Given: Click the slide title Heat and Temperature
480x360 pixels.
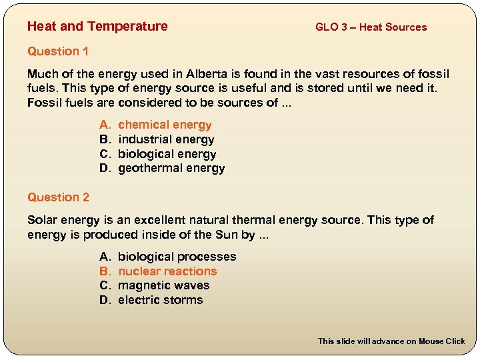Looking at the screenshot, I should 97,27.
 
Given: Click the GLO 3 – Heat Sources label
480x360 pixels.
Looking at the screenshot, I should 371,27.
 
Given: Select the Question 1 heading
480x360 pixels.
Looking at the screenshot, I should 58,51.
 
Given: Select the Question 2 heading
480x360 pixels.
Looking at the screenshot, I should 58,197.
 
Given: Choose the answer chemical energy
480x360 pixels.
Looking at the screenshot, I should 165,125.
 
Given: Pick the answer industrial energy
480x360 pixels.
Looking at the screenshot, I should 166,140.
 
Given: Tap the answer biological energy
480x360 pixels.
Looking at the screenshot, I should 167,155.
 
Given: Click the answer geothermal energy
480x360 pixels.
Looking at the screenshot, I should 171,169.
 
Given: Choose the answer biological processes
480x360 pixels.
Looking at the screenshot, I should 177,257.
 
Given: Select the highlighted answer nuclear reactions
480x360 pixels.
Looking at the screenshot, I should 167,271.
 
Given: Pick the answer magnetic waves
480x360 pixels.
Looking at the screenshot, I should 163,286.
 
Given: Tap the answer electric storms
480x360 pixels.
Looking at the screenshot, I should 160,301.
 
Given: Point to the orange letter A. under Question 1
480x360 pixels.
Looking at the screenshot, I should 105,125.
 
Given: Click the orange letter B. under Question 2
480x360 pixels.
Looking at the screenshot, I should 105,271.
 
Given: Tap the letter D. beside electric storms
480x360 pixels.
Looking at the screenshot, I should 105,301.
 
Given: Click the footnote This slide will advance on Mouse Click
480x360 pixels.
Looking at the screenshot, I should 391,341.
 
